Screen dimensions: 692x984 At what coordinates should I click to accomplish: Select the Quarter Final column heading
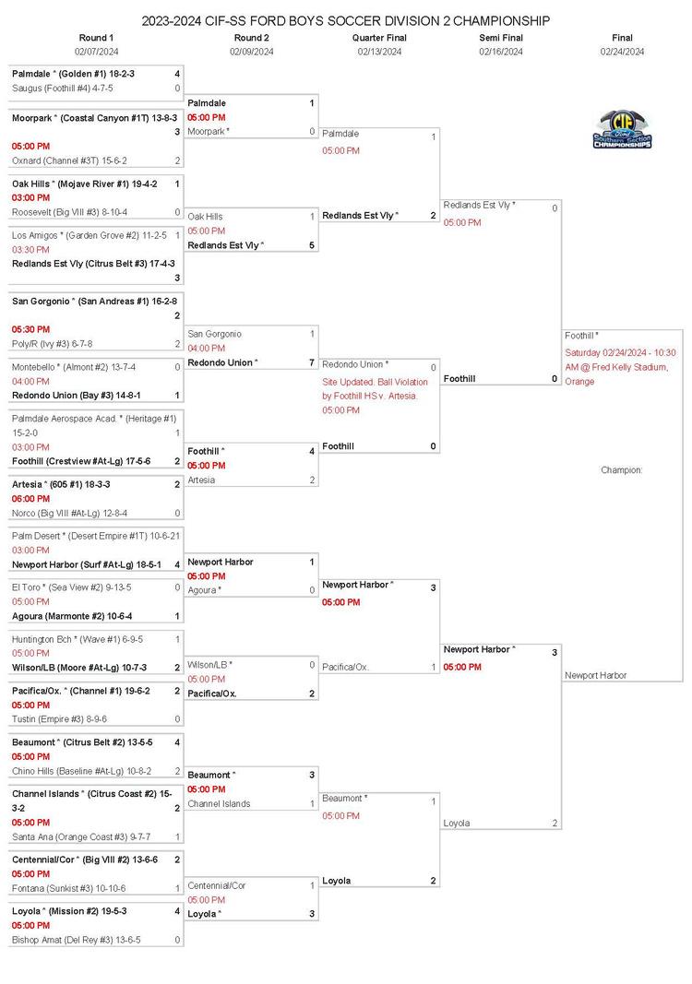click(x=379, y=38)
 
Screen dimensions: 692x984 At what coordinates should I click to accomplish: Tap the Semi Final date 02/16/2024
click(x=501, y=52)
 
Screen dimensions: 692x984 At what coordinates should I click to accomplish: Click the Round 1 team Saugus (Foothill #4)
click(x=63, y=89)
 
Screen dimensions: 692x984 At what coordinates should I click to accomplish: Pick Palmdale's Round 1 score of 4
click(x=177, y=73)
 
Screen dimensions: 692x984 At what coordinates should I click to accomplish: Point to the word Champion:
click(x=621, y=470)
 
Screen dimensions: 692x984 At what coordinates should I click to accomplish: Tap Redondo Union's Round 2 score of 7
click(x=312, y=362)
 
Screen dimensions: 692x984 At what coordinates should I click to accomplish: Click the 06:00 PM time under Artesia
click(x=30, y=499)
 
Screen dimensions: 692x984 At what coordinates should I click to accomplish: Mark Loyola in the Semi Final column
click(x=457, y=823)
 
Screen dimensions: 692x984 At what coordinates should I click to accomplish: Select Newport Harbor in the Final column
click(x=595, y=675)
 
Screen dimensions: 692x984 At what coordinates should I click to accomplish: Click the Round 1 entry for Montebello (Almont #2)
click(x=74, y=366)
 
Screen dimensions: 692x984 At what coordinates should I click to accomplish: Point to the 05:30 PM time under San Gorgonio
click(x=30, y=329)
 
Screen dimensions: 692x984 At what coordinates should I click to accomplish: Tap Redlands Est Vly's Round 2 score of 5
click(x=312, y=245)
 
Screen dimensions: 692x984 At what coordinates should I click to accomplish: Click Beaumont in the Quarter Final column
click(x=344, y=798)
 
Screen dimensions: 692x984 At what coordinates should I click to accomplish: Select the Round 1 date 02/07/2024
click(x=97, y=52)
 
